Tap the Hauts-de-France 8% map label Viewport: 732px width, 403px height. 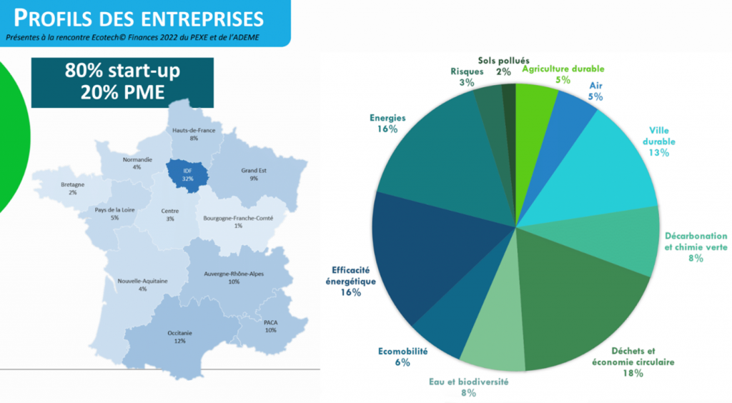194,134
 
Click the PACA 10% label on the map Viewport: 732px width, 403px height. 271,326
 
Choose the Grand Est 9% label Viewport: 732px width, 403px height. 254,174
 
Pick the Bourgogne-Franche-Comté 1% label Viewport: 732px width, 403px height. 238,221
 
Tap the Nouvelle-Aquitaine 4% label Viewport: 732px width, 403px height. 142,284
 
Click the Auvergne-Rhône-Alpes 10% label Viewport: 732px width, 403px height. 234,277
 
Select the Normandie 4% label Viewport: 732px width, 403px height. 137,163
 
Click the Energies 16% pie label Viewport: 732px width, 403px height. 387,123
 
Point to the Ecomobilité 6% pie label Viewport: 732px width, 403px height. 402,357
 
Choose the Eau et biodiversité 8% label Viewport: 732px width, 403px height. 469,387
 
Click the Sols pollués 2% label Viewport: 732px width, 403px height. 504,66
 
